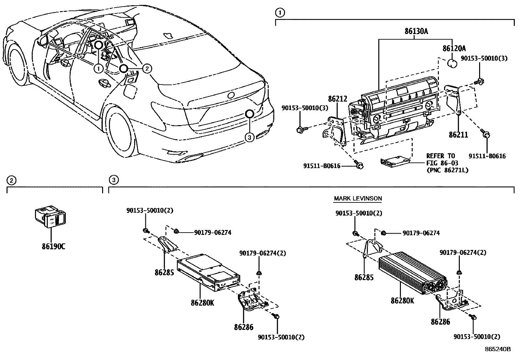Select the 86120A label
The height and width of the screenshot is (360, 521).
coord(454,48)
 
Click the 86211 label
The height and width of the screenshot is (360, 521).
coord(458,135)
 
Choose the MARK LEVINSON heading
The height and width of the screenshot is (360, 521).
coord(358,199)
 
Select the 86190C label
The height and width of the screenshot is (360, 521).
coord(53,246)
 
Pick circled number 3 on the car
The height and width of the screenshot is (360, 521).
coord(249,138)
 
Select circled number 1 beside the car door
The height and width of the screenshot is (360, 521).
coord(99,68)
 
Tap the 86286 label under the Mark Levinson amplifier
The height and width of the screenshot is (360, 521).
coord(440,322)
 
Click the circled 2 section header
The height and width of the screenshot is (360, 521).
coord(11,180)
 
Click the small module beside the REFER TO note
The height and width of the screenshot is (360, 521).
coord(395,161)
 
